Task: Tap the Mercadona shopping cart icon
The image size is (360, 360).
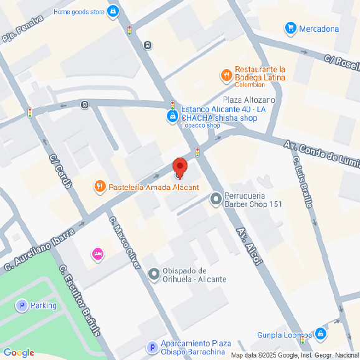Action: point(290,28)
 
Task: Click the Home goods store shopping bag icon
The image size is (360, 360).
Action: point(113,11)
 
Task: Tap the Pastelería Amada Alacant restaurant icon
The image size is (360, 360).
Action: point(99,186)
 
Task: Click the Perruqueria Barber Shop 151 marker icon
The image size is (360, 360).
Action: point(216,199)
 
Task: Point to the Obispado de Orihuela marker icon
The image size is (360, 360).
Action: point(154,274)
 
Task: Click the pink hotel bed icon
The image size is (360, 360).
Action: point(97,253)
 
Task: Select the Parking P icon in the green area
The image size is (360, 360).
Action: point(22,305)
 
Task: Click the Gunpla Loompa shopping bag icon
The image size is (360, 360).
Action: point(320,334)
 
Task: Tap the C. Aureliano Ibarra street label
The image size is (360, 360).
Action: point(40,249)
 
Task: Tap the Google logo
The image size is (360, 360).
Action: point(18,353)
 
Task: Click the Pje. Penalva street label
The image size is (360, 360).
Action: point(22,29)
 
